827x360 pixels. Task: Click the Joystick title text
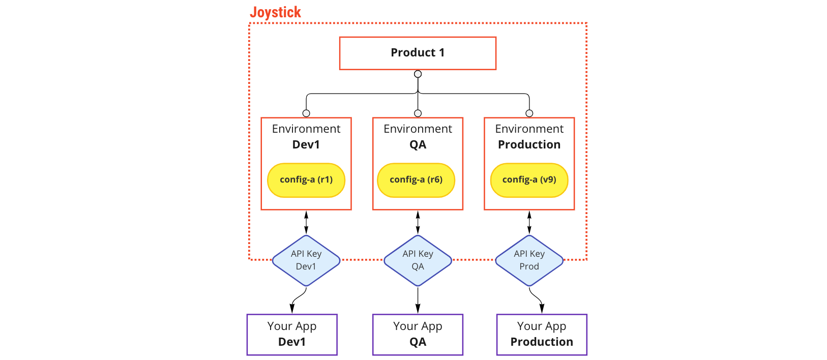276,13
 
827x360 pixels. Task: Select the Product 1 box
418,53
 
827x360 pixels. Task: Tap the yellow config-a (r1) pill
306,180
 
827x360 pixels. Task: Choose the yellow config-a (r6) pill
416,180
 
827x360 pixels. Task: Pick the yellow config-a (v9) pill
529,180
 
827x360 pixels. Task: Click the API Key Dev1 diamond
306,260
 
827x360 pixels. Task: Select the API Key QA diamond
418,260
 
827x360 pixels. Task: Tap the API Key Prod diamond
529,260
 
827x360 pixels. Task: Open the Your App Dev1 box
291,335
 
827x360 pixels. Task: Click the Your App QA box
418,335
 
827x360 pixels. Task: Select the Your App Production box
542,335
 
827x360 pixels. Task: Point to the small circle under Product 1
418,74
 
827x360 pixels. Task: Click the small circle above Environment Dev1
306,113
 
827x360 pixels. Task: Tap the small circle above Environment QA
418,113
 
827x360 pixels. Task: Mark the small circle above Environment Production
529,113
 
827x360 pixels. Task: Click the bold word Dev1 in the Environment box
306,144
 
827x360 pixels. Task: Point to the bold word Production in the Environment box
529,144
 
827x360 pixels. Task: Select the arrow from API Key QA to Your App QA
418,300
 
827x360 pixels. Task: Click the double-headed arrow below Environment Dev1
306,222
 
